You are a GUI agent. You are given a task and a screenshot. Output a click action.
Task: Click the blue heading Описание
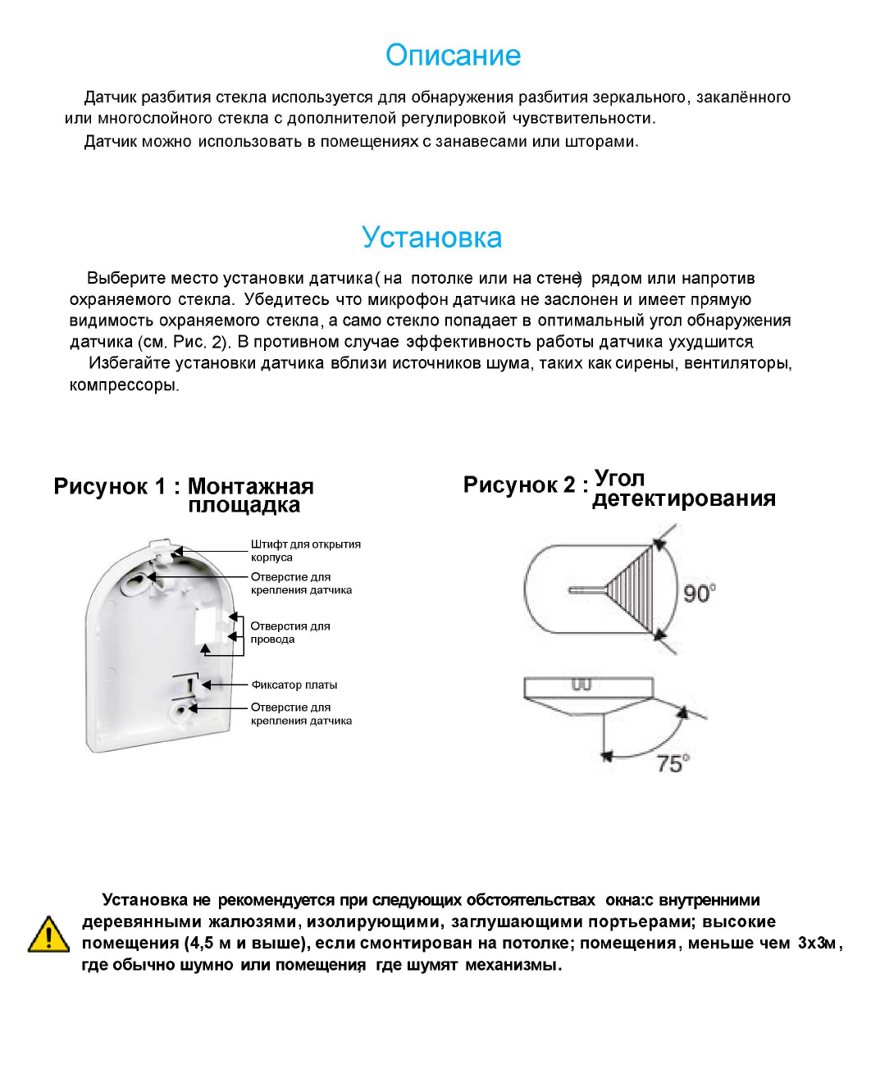tap(453, 56)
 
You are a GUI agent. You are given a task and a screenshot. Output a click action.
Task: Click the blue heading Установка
tap(431, 238)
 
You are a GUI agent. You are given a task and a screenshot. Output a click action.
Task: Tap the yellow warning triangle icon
tap(48, 935)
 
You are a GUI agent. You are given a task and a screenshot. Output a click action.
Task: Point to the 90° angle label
tap(699, 593)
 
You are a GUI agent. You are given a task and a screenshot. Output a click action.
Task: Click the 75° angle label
tap(673, 764)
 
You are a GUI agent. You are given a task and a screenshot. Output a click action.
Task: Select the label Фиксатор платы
tap(294, 685)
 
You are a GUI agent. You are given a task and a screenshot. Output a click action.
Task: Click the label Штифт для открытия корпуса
tap(305, 550)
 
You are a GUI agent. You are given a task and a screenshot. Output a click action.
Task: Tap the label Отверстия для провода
tap(290, 632)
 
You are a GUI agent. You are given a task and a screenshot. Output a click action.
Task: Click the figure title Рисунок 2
tap(519, 485)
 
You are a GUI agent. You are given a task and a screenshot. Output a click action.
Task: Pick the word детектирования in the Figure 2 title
tap(683, 498)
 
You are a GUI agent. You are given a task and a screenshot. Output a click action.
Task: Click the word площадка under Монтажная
tap(244, 505)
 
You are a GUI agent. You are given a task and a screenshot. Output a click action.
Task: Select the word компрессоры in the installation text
tap(123, 384)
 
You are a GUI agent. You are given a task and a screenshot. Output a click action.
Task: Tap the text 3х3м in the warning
tap(817, 943)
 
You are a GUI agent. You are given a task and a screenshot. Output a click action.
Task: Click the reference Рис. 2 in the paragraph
tap(199, 342)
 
